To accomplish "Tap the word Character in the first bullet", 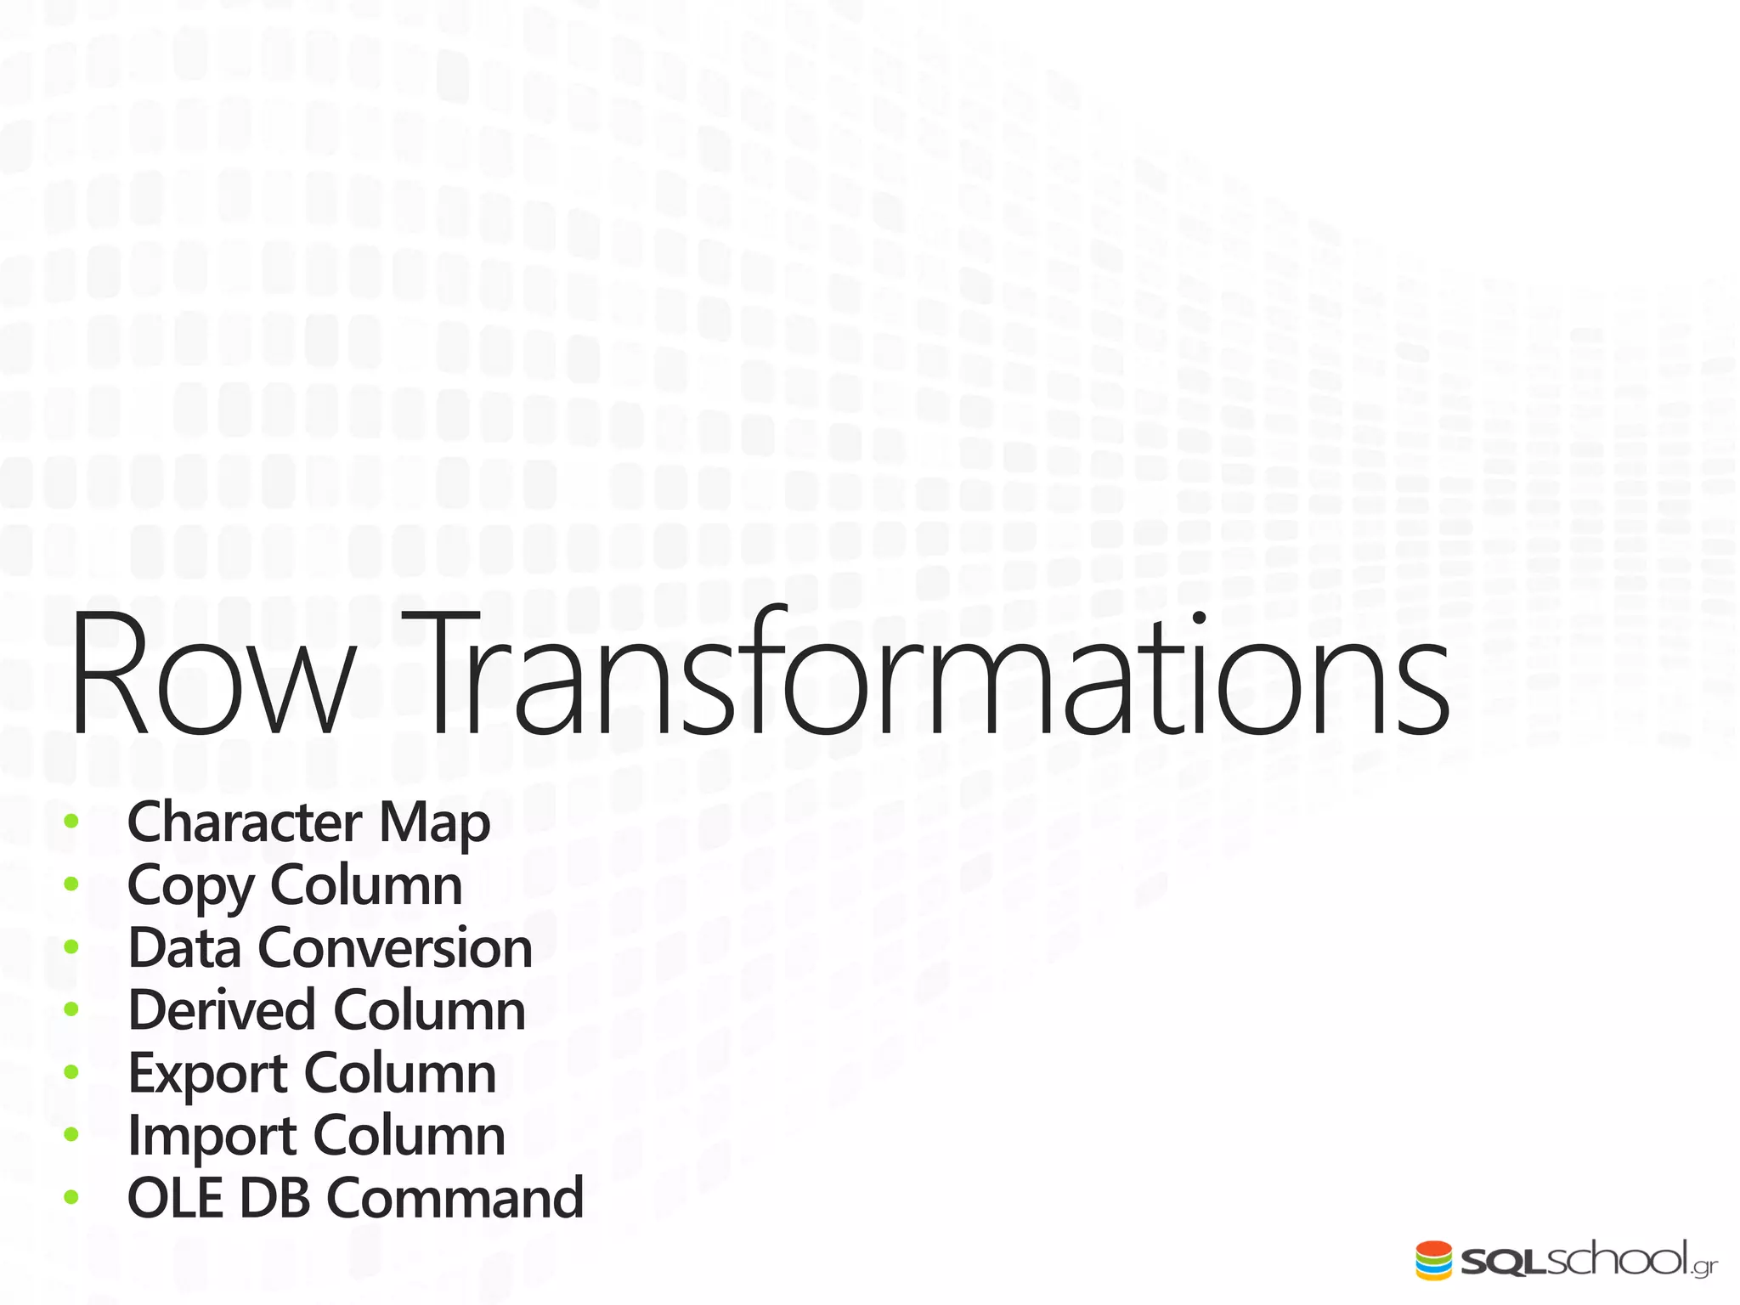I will (x=245, y=822).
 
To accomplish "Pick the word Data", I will (x=184, y=947).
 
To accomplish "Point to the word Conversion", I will (x=395, y=948).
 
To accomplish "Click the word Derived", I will (x=221, y=1010).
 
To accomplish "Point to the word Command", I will (x=455, y=1198).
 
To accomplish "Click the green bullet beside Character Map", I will (x=71, y=822).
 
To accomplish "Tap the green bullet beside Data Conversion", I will (x=71, y=946).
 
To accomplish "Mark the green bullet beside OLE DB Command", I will (x=71, y=1197).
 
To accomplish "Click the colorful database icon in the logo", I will (x=1433, y=1260).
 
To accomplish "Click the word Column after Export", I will (x=400, y=1073).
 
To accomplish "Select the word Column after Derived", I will (x=429, y=1010).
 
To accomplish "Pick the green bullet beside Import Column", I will (x=71, y=1134).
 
